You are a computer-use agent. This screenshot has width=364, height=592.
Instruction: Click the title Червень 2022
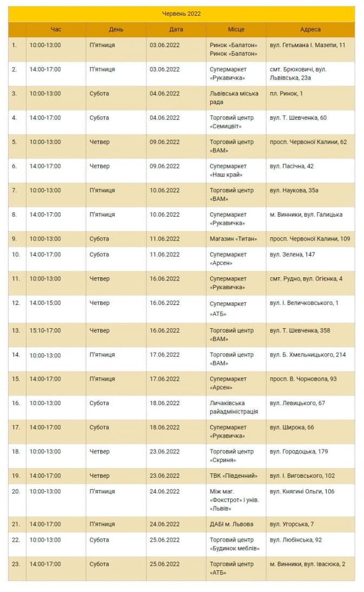181,14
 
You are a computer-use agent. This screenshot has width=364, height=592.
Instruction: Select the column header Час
56,29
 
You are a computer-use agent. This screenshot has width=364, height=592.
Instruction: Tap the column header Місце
236,29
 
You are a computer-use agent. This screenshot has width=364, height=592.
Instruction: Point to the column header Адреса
310,29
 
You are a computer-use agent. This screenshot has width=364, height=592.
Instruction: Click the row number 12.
16,303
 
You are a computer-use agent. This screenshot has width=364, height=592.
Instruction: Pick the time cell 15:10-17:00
45,330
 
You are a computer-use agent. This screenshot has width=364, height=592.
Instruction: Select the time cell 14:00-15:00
45,303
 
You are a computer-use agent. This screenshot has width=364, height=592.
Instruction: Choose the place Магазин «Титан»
233,239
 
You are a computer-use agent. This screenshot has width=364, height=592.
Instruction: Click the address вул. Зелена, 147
292,255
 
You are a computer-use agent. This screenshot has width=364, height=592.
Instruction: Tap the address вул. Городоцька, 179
298,451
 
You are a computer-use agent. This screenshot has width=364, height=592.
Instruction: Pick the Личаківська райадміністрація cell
233,407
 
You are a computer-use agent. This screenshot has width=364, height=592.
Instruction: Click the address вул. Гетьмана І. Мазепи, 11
307,45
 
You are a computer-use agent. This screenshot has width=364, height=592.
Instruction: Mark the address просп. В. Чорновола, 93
303,379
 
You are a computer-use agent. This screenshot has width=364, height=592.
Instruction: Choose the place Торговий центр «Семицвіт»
231,122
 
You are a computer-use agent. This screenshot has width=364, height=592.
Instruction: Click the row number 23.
16,564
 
